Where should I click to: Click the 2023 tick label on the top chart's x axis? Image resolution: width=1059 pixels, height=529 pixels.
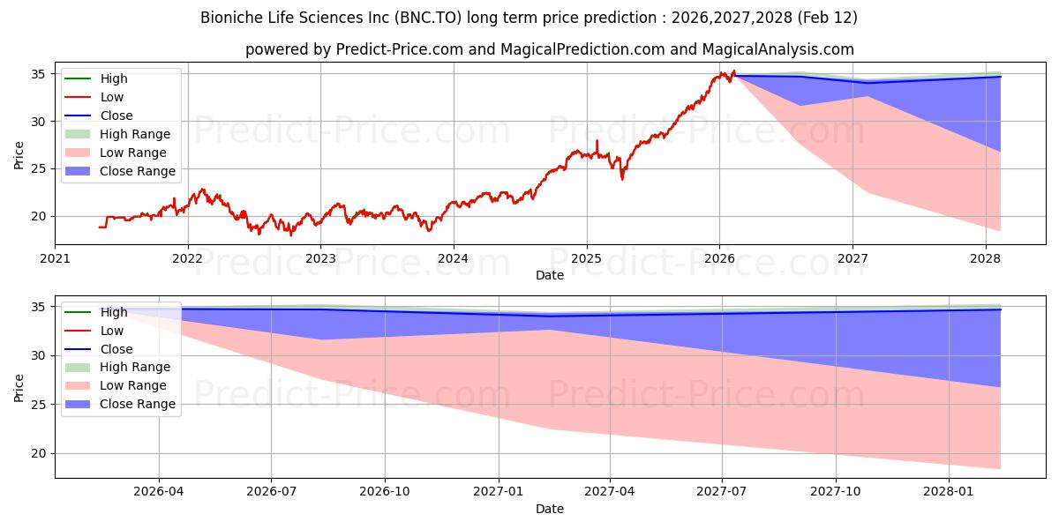click(x=320, y=258)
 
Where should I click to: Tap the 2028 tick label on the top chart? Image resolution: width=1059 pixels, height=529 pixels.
click(x=985, y=258)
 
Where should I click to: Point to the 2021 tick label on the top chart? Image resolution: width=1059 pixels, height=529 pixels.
click(x=55, y=258)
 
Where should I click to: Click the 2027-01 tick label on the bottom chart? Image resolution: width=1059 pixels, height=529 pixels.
click(x=499, y=492)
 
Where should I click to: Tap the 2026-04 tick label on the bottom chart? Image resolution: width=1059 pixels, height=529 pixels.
click(x=159, y=492)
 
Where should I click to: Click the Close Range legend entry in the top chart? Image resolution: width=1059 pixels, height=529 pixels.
click(x=138, y=171)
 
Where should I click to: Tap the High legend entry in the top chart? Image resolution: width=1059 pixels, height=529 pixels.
click(x=114, y=78)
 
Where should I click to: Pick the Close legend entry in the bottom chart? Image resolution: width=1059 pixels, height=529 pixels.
click(x=116, y=349)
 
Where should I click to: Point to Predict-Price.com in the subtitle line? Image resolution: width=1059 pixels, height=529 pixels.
click(x=400, y=49)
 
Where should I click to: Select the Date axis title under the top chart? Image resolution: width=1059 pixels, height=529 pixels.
click(x=550, y=275)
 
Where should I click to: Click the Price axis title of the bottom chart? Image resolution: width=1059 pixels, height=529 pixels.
click(x=19, y=387)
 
